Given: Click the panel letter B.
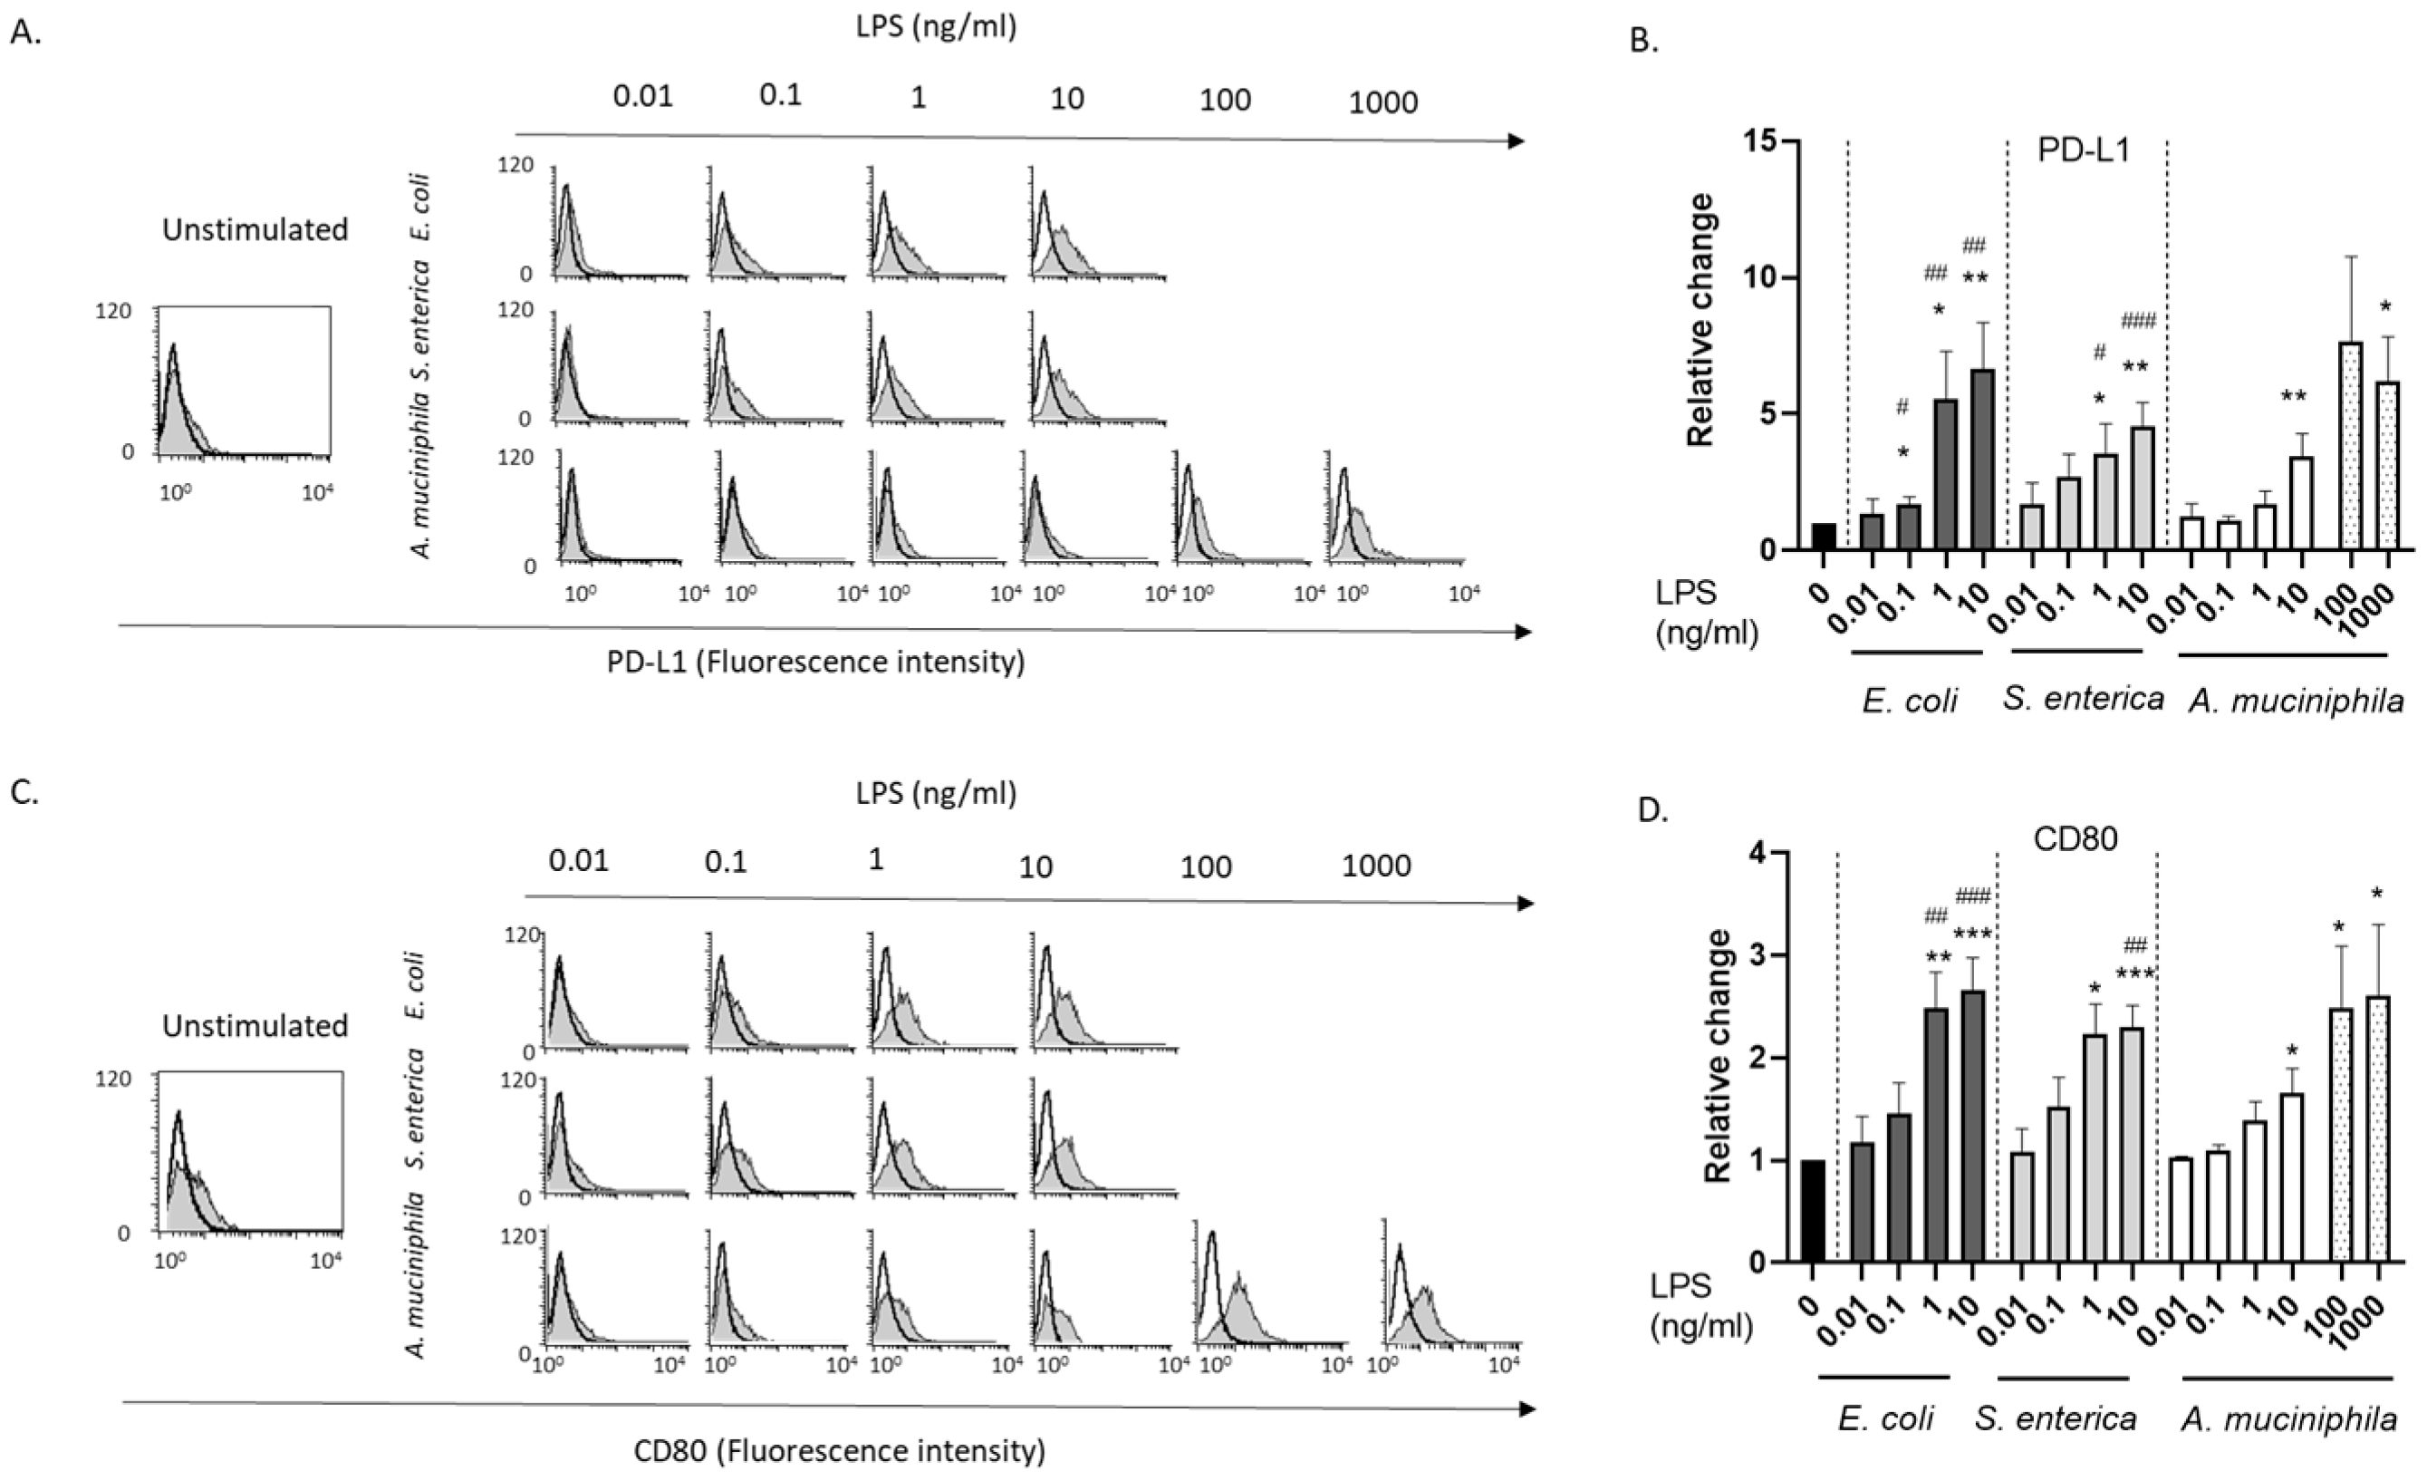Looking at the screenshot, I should click(1644, 42).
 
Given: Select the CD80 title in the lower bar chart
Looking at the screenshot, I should click(2075, 838).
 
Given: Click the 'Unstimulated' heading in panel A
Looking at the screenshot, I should click(255, 229).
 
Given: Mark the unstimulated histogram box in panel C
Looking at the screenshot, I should click(249, 1152).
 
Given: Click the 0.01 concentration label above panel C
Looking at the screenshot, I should click(578, 860).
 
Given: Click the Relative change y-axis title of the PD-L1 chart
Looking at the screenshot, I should click(1701, 321).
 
